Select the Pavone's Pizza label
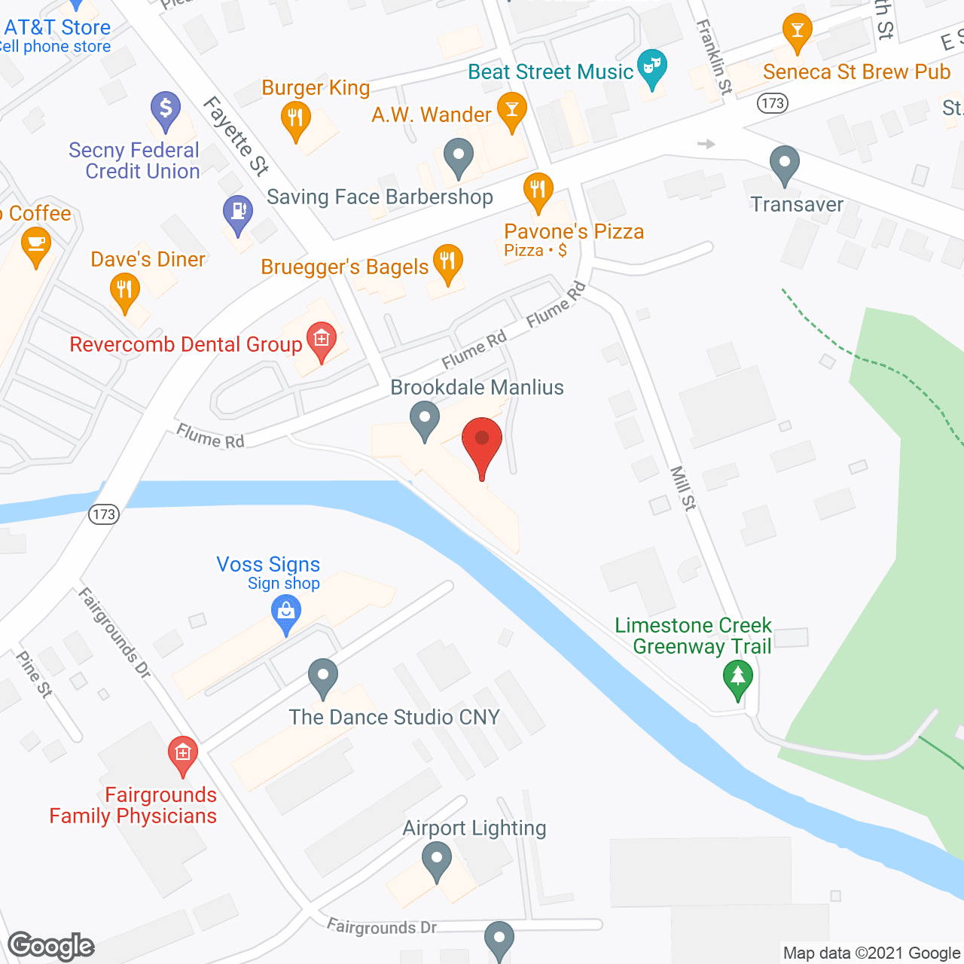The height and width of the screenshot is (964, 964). tap(574, 231)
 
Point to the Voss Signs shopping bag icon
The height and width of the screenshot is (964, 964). tap(286, 613)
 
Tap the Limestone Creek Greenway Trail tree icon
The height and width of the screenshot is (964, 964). tap(738, 679)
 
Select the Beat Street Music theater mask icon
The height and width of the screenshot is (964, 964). tap(652, 69)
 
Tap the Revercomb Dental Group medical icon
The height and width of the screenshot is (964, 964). tap(322, 340)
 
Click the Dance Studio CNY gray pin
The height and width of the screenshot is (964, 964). tap(323, 676)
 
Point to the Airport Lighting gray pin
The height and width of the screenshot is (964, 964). tap(437, 859)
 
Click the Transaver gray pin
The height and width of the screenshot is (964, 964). tap(785, 163)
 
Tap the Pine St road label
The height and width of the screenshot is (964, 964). tap(34, 673)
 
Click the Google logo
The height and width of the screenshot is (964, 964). tap(51, 946)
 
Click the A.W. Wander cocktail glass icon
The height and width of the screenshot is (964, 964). tap(512, 110)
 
